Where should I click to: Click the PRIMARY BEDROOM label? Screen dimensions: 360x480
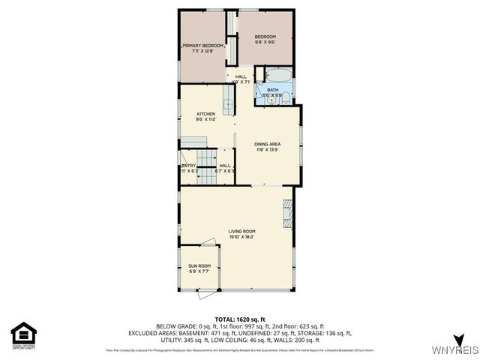(202, 48)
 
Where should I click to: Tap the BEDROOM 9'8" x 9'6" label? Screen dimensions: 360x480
(265, 40)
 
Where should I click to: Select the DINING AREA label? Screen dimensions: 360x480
(267, 145)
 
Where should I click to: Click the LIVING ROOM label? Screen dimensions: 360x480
(242, 233)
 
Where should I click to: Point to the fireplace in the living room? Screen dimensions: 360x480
(288, 214)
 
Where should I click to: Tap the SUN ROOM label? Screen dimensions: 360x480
(199, 268)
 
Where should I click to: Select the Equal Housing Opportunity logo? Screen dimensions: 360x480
(23, 334)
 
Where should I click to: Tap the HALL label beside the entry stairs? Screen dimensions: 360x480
(225, 168)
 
